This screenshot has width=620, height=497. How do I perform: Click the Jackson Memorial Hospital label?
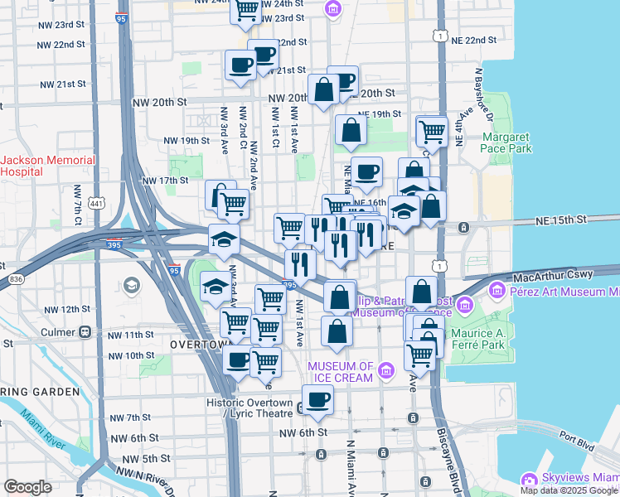click(33, 166)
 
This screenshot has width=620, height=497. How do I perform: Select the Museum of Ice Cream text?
click(341, 367)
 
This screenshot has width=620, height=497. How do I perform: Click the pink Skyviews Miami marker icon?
click(528, 480)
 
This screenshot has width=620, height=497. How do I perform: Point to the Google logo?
click(27, 487)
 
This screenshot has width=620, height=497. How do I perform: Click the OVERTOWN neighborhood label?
click(199, 343)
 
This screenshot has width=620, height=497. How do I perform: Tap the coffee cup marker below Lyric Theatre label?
click(317, 401)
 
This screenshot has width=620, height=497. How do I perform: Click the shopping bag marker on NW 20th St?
click(323, 90)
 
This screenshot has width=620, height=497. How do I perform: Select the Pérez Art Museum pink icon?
click(497, 291)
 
